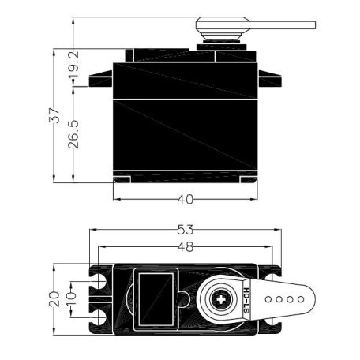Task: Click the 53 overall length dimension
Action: tap(186, 231)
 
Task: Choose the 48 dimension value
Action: tap(186, 246)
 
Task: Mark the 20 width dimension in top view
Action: tap(54, 299)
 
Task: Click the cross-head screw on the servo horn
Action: tap(222, 300)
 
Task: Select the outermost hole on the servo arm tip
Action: tap(301, 300)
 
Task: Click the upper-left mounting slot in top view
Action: tap(101, 281)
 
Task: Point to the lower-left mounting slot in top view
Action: tap(101, 318)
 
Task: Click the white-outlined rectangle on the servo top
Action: tap(155, 298)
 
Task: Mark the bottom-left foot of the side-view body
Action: tap(122, 179)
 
